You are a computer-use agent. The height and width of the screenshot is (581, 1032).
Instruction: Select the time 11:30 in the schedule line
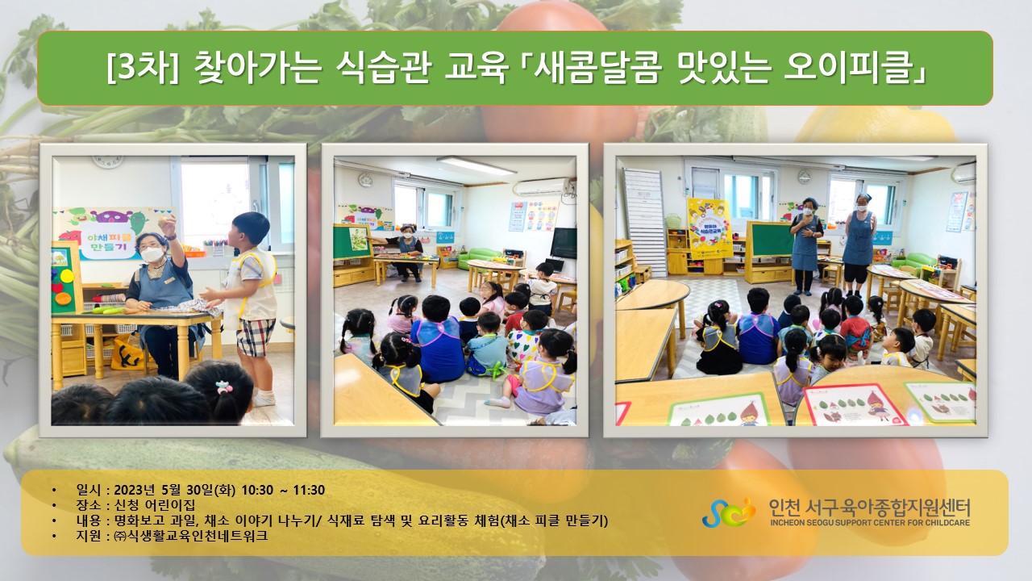(x=309, y=490)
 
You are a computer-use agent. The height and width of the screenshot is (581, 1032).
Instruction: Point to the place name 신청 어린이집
(x=154, y=505)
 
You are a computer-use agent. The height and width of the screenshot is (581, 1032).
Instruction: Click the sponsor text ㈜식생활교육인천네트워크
(x=190, y=536)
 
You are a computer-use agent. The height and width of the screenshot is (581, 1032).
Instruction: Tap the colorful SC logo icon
(x=729, y=512)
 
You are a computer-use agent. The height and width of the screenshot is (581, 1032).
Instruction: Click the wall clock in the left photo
(x=107, y=161)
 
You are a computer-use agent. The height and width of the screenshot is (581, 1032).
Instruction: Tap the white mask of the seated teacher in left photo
(x=152, y=254)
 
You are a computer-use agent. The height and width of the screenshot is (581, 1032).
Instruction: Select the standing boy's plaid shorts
(x=255, y=336)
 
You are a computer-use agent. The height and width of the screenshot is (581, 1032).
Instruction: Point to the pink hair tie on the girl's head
(x=224, y=387)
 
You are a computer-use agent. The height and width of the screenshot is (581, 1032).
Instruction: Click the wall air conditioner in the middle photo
(x=543, y=186)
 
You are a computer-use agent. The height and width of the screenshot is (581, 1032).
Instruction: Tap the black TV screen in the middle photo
(x=564, y=243)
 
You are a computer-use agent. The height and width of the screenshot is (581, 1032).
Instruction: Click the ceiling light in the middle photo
(x=476, y=166)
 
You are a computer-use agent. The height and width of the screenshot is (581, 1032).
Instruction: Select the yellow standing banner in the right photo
(x=710, y=228)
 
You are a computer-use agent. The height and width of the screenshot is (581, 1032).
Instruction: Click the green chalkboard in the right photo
(x=769, y=239)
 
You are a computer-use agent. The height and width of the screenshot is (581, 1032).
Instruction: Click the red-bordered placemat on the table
(x=854, y=405)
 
